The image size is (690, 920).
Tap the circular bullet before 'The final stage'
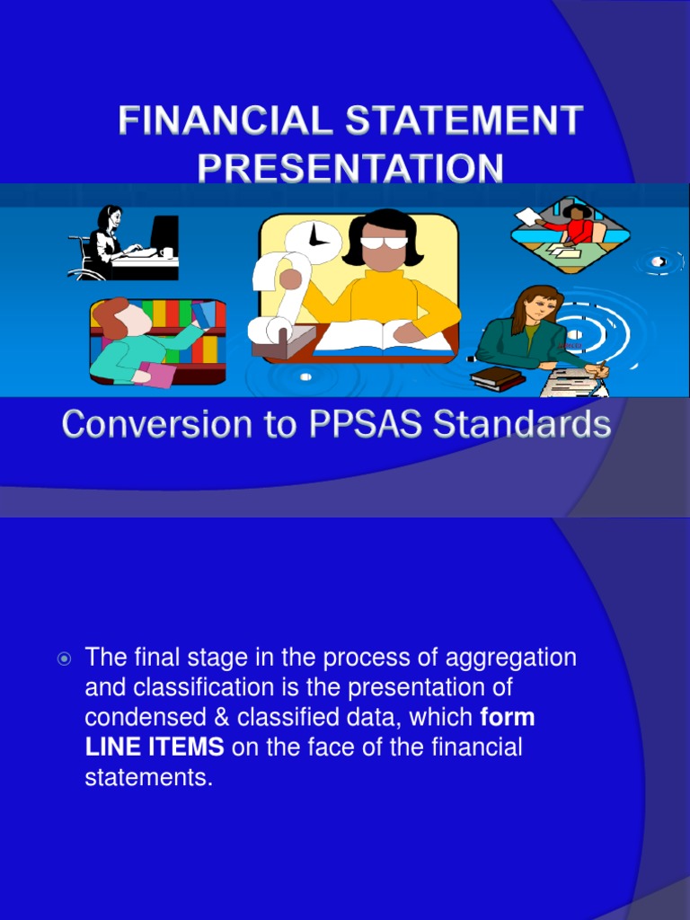64,659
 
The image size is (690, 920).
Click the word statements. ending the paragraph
148,777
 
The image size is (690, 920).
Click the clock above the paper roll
314,237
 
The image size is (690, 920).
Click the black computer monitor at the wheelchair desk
164,234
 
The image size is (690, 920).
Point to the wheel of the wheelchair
91,270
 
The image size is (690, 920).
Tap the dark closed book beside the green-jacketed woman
497,377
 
